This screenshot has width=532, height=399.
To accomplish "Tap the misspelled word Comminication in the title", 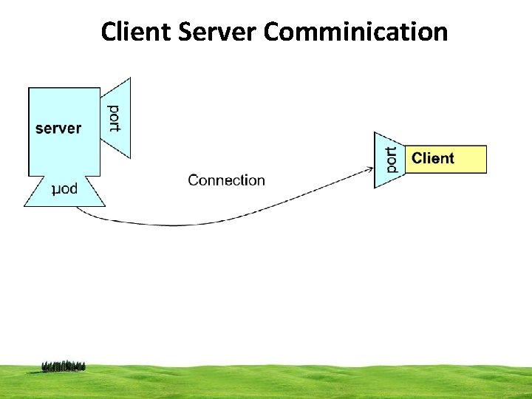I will [x=355, y=32].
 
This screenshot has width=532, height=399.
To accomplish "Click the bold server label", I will [x=58, y=128].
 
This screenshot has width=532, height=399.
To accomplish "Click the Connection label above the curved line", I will [x=226, y=180].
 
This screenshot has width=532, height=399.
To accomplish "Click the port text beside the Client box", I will [x=391, y=160].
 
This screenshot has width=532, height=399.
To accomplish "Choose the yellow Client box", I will [x=446, y=159].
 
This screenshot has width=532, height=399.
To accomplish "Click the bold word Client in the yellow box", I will [x=433, y=158].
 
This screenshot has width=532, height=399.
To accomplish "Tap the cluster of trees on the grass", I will [x=64, y=366].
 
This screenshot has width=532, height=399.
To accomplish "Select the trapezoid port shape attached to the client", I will [x=388, y=160].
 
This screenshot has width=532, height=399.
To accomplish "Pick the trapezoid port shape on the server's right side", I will [x=117, y=118].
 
